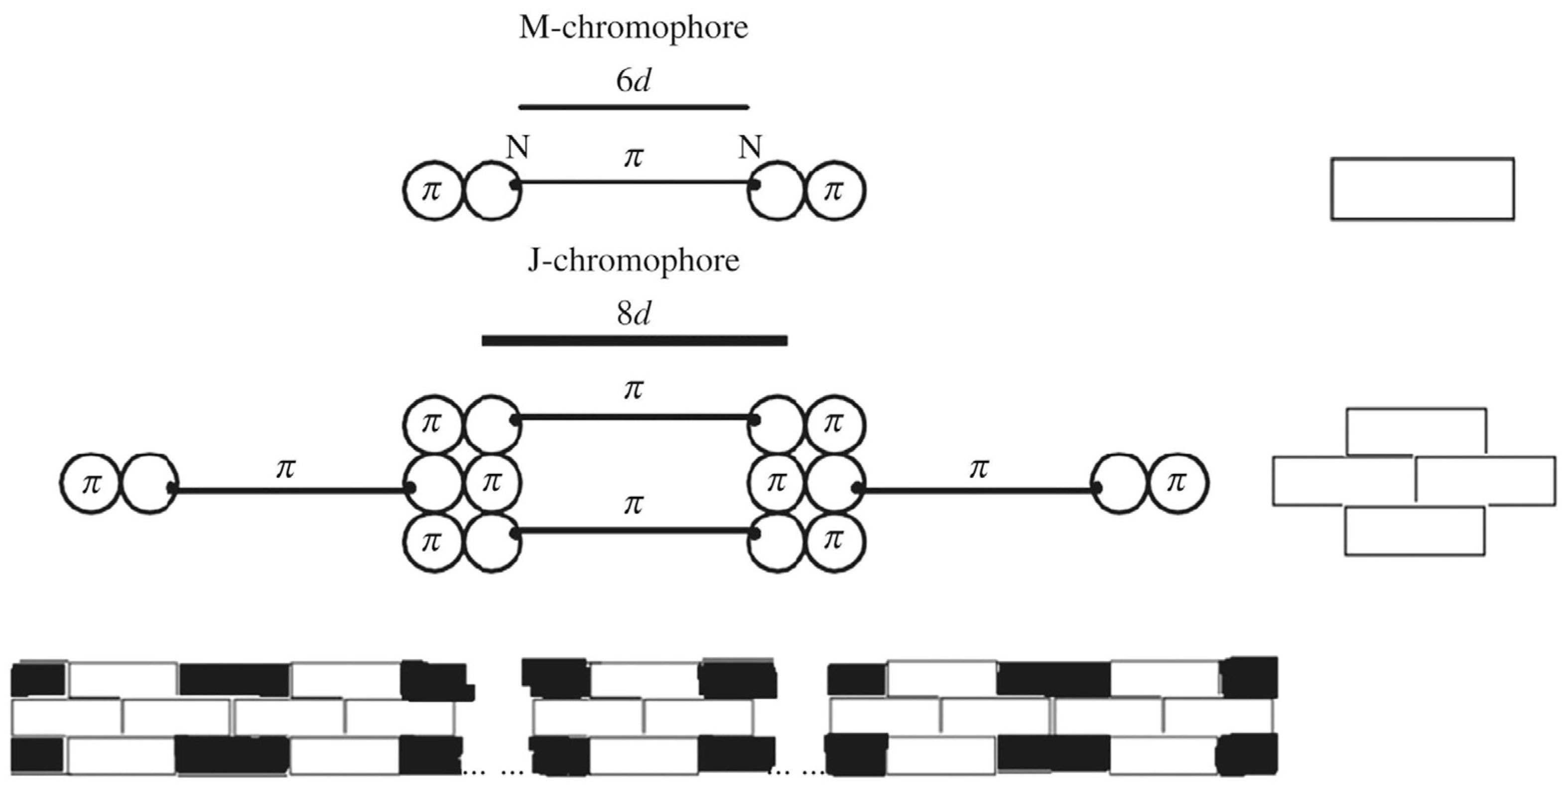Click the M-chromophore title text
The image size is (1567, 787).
point(633,28)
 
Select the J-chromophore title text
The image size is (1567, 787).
point(633,261)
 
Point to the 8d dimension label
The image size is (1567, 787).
point(633,314)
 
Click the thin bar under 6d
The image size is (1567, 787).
point(633,108)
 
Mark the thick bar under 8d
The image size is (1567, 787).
point(635,341)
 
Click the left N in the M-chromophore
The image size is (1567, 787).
point(518,148)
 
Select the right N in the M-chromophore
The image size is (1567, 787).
point(750,148)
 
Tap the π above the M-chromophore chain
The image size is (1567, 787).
point(633,157)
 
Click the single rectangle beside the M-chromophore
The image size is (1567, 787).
point(1422,189)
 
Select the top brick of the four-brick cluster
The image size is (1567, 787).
point(1416,432)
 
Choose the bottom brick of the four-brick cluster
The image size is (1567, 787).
point(1414,531)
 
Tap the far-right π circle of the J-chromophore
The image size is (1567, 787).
point(1177,484)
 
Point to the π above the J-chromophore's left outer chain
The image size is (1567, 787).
point(285,468)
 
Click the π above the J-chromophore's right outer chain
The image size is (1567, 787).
point(978,468)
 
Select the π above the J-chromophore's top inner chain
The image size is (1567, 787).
point(633,390)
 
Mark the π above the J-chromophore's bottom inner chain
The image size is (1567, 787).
point(633,504)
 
